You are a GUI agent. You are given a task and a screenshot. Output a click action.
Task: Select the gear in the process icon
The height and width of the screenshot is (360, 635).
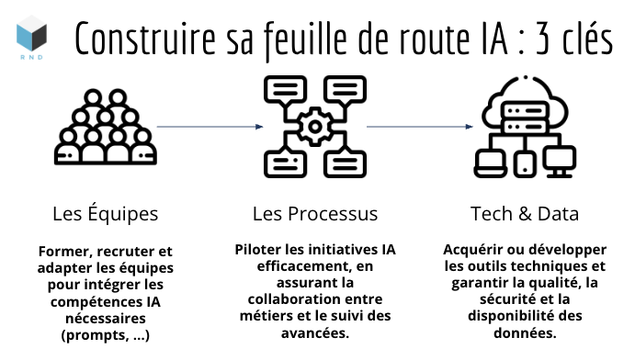pyautogui.click(x=316, y=125)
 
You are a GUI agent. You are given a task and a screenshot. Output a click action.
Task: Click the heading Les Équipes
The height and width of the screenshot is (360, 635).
pyautogui.click(x=106, y=214)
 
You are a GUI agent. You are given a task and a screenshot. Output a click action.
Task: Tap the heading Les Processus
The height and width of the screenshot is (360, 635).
pyautogui.click(x=315, y=214)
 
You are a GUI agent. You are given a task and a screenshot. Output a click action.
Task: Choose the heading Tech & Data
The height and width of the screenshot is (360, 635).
pyautogui.click(x=525, y=214)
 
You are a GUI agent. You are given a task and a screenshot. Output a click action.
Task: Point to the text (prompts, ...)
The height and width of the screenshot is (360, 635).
pyautogui.click(x=106, y=334)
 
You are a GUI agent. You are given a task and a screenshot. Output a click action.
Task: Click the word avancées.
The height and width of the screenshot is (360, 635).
pyautogui.click(x=315, y=333)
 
